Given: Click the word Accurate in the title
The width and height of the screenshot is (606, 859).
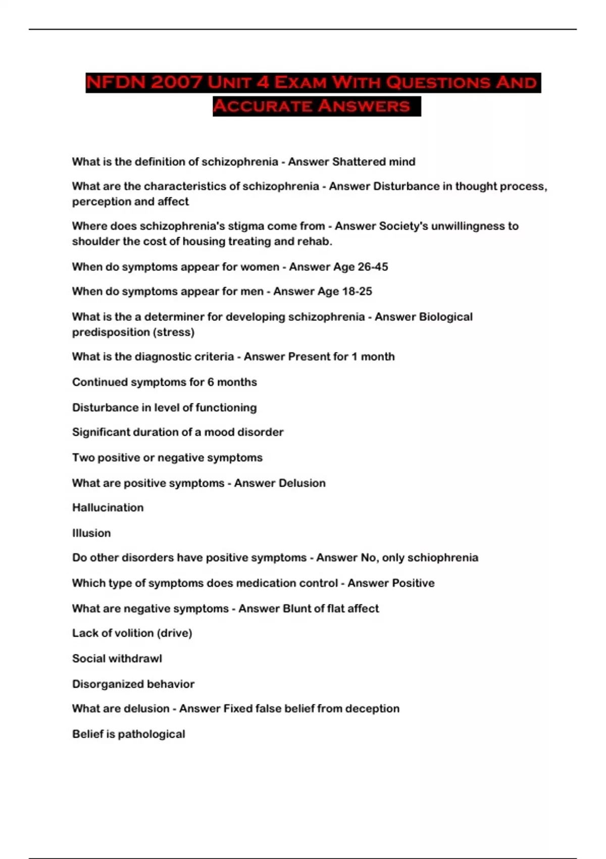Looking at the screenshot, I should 261,106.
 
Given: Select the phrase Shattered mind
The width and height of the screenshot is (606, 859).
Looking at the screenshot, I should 374,162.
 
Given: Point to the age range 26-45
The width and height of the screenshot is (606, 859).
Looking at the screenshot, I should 373,267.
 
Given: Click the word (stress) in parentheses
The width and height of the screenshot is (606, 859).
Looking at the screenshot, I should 175,332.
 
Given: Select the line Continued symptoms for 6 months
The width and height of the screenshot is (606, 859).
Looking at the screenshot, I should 165,382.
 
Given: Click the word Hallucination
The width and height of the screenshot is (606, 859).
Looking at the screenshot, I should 108,507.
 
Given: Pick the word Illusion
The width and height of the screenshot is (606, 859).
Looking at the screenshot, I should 91,533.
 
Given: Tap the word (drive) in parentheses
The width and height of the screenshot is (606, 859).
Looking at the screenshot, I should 175,633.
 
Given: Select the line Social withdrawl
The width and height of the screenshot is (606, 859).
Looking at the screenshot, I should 117,658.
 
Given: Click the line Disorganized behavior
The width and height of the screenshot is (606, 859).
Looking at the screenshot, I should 133,684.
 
